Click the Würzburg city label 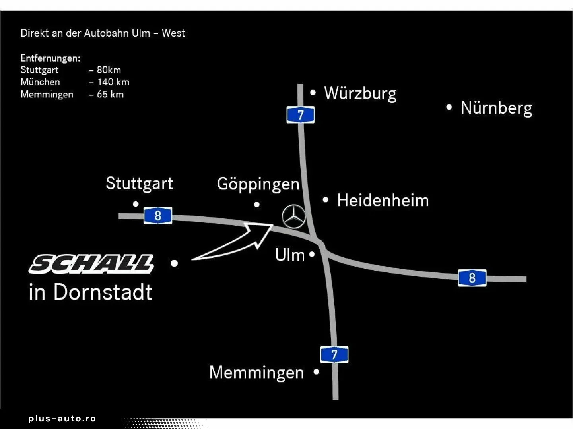(x=360, y=93)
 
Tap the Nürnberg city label (x=496, y=108)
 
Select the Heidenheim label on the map (x=383, y=201)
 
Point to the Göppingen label (x=258, y=184)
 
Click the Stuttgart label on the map (x=139, y=184)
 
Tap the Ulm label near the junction (x=290, y=255)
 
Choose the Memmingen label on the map (x=256, y=373)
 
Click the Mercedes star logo (x=294, y=217)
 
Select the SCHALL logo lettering (x=91, y=264)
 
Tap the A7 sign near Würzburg (x=301, y=115)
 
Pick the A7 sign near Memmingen (x=334, y=354)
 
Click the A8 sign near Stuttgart (x=158, y=216)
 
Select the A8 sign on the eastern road (x=472, y=278)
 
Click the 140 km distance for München (x=113, y=82)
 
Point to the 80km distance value (x=109, y=70)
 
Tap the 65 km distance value (x=110, y=95)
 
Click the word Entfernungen (x=50, y=58)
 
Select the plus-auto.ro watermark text (x=62, y=419)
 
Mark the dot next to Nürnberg (x=449, y=107)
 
